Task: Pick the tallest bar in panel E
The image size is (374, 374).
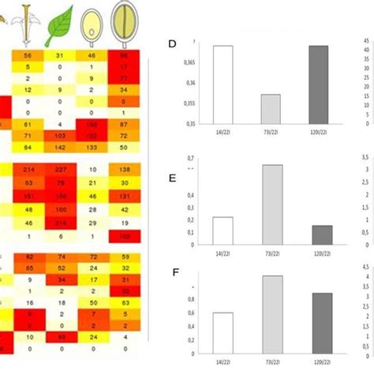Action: (271, 205)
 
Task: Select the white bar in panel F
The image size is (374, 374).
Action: (223, 335)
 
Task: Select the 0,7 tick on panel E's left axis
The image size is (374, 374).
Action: (190, 159)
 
